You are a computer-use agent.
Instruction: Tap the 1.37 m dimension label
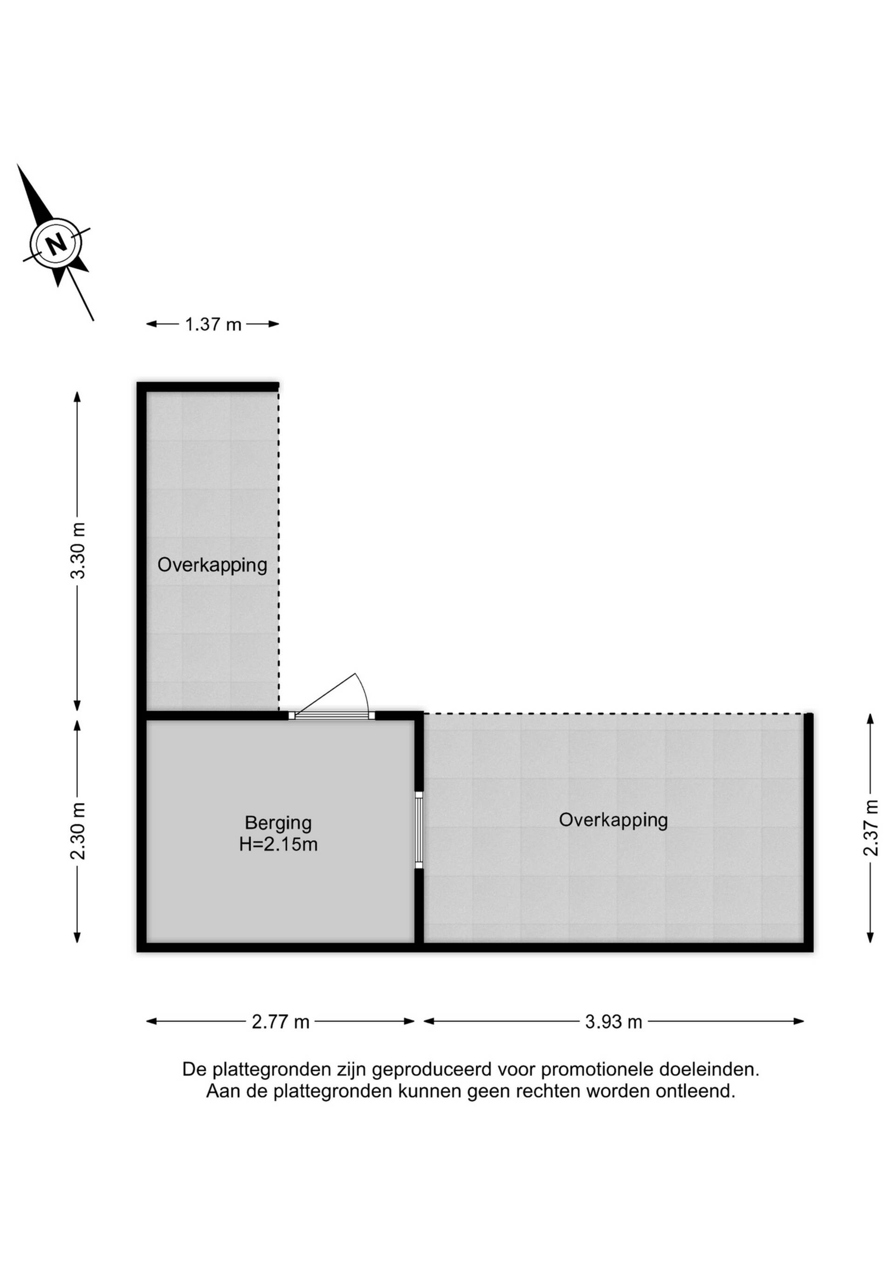point(213,325)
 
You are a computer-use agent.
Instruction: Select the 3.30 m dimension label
point(78,550)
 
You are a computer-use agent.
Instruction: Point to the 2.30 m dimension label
point(78,831)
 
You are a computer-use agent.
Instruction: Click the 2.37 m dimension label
point(870,828)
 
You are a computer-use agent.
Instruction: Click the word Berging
point(278,822)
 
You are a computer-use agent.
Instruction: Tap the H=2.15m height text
point(278,844)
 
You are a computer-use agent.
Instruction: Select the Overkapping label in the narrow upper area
point(212,565)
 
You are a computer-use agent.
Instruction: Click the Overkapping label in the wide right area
point(613,820)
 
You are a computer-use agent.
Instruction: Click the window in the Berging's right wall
point(419,829)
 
